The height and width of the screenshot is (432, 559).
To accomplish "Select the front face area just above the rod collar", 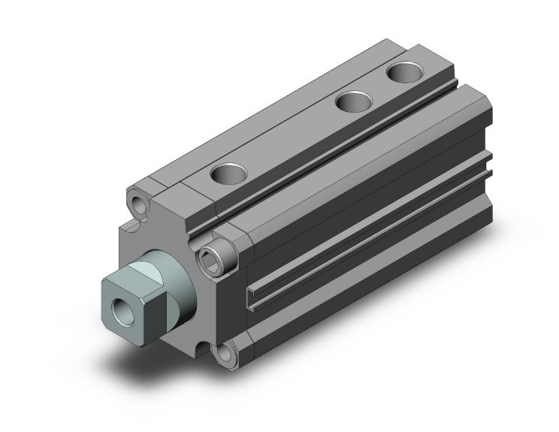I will (x=162, y=233).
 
